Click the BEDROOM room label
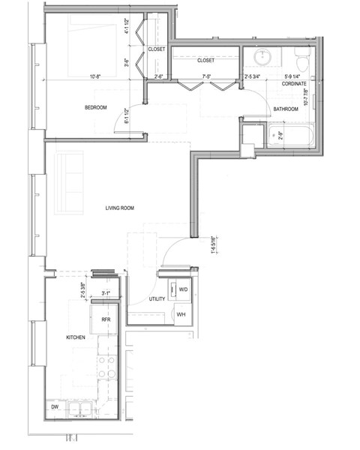pyautogui.click(x=95, y=108)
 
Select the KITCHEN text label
pyautogui.click(x=76, y=338)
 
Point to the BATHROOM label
pyautogui.click(x=286, y=109)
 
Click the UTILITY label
pyautogui.click(x=157, y=299)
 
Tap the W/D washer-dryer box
pyautogui.click(x=182, y=289)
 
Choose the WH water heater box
pyautogui.click(x=181, y=314)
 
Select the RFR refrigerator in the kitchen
pyautogui.click(x=106, y=319)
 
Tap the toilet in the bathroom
pyautogui.click(x=301, y=57)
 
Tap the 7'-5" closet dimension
pyautogui.click(x=206, y=76)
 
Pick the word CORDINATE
pyautogui.click(x=293, y=84)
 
